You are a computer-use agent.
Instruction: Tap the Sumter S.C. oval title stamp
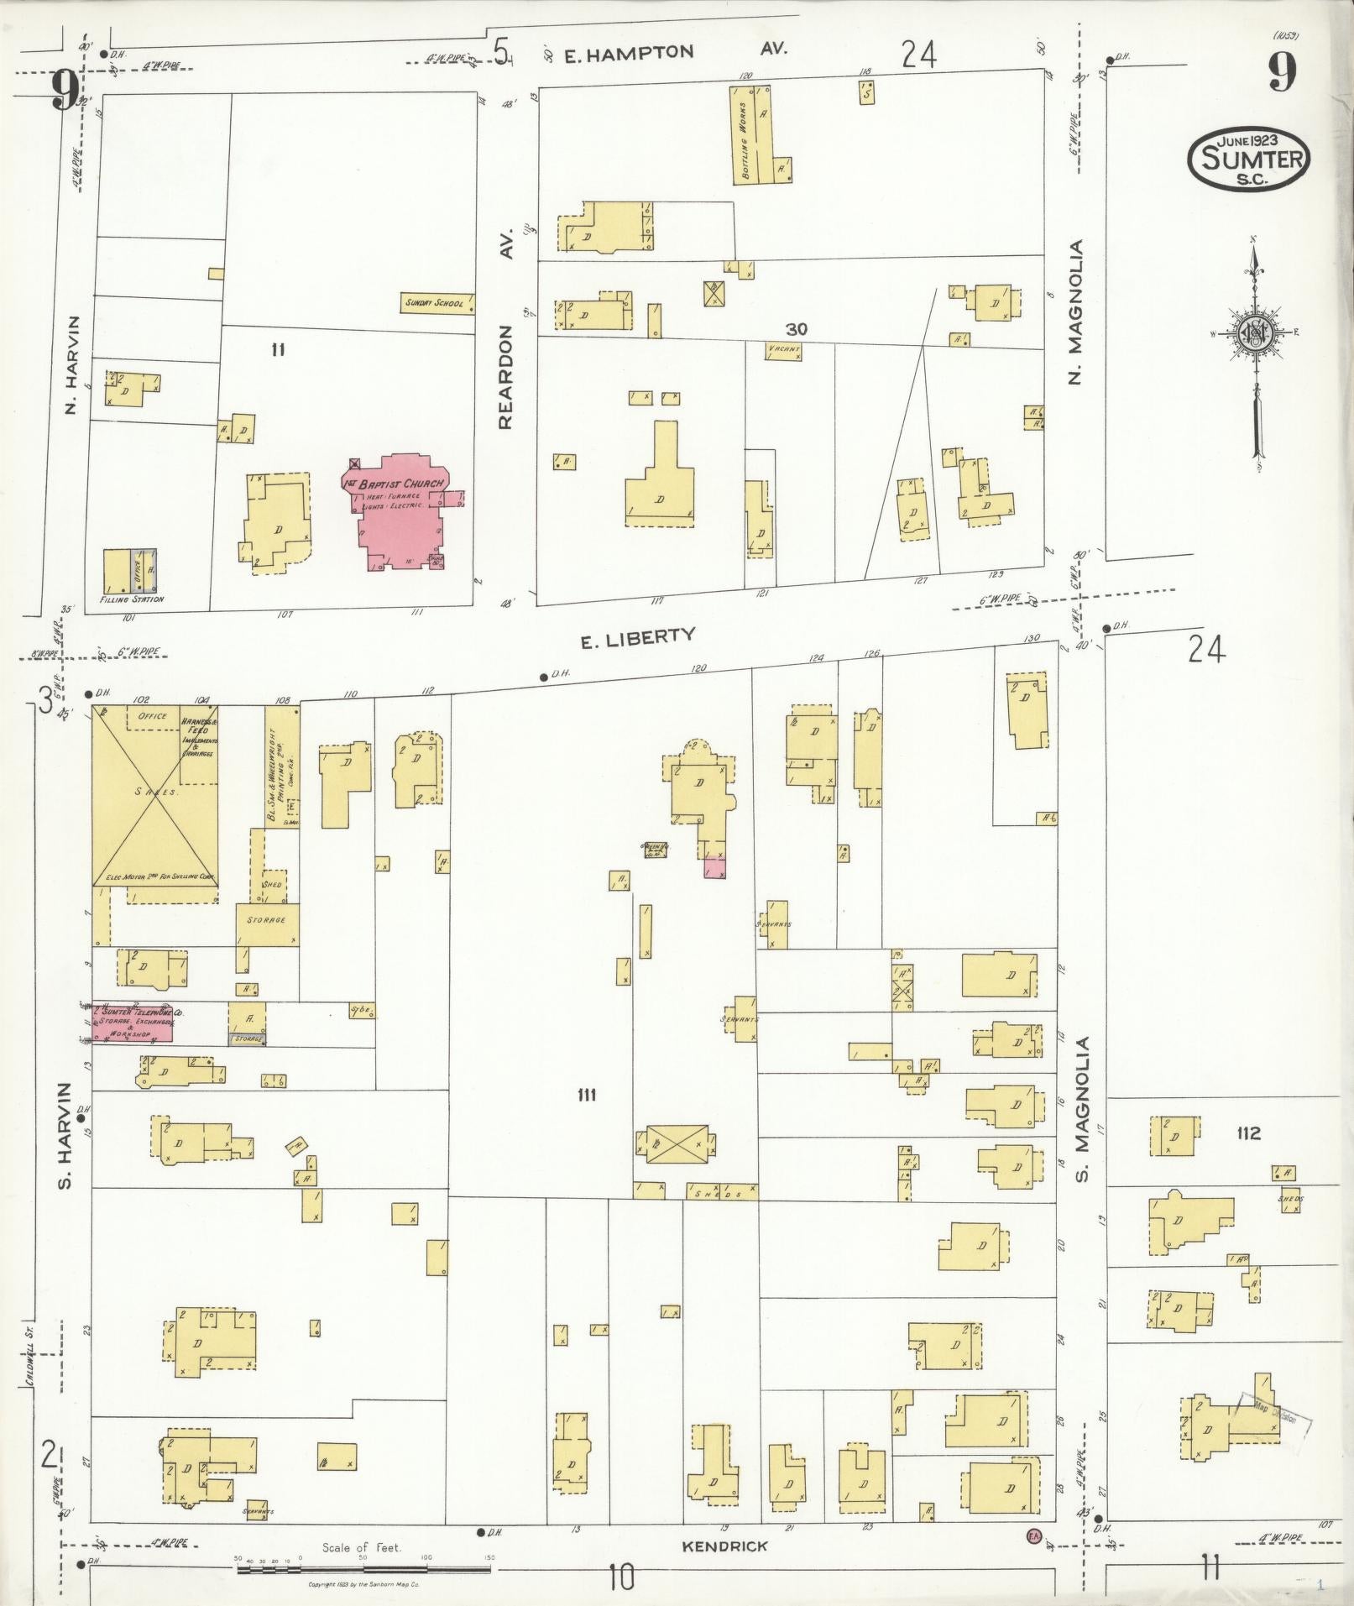1249,157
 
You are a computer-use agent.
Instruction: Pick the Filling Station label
131,599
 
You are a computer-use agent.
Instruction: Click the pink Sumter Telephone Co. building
133,1023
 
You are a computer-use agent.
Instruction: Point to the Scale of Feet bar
363,1562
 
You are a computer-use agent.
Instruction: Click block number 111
586,1094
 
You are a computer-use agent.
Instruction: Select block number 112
1248,1133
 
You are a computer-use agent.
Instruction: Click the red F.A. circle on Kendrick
1033,1537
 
